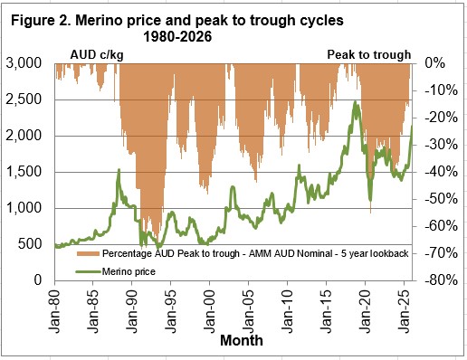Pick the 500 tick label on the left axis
click(34, 244)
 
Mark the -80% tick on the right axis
click(436, 280)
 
